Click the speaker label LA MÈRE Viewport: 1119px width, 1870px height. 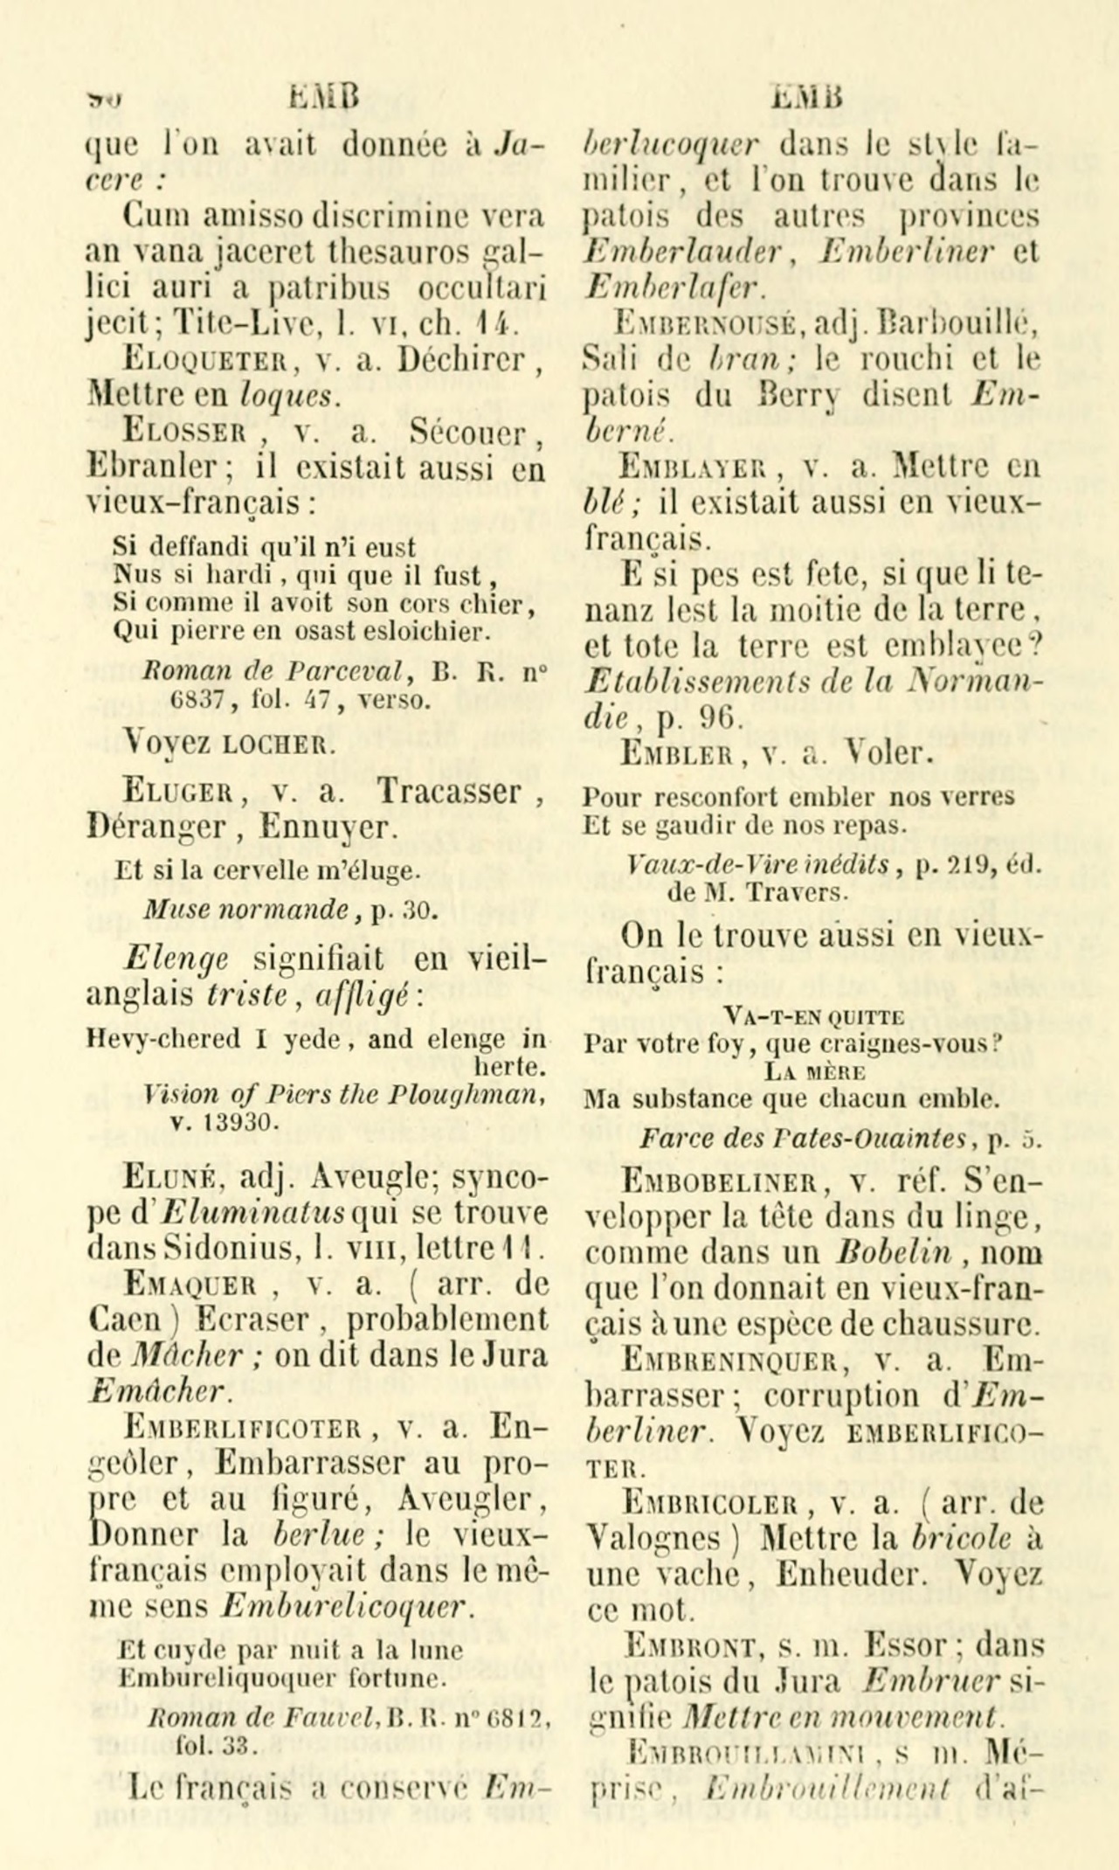click(812, 1071)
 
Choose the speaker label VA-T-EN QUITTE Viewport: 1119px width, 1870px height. click(813, 1015)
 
